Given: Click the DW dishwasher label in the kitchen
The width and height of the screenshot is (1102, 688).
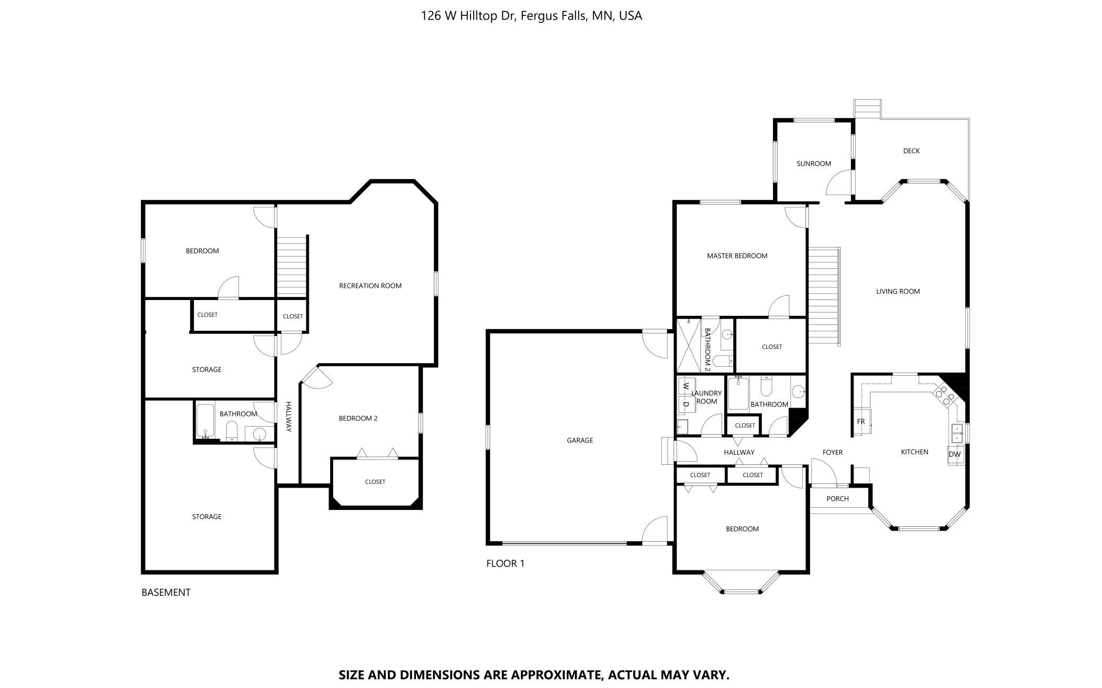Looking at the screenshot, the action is tap(954, 454).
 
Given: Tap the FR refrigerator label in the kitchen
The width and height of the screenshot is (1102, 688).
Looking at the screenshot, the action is tap(861, 422).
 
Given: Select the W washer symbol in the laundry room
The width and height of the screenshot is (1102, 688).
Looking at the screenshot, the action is tap(686, 385).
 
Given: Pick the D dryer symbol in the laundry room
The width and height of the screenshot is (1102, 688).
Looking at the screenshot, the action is tap(686, 404).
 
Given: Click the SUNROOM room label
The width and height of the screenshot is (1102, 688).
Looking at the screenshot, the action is tap(814, 164).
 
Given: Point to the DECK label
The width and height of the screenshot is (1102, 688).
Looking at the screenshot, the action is tap(911, 151).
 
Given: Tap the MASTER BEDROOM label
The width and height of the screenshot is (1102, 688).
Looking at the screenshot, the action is tap(737, 256).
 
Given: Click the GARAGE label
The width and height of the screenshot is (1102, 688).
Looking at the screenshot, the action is tap(580, 440).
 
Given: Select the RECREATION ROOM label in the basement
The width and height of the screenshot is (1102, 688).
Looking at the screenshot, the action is tap(370, 286).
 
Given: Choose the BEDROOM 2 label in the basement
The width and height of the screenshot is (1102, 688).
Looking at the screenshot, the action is tap(358, 419).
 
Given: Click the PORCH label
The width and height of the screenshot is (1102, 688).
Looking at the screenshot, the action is tap(838, 499).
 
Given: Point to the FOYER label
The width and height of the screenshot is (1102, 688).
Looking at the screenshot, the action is tap(832, 453).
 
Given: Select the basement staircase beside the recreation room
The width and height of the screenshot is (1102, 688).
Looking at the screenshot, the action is tap(291, 266).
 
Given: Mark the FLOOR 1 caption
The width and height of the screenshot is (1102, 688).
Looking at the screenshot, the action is tap(505, 563).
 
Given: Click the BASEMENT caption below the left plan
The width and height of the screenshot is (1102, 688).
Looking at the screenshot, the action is tap(166, 593).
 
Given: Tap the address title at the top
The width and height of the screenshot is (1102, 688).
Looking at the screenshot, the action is tap(531, 16).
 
